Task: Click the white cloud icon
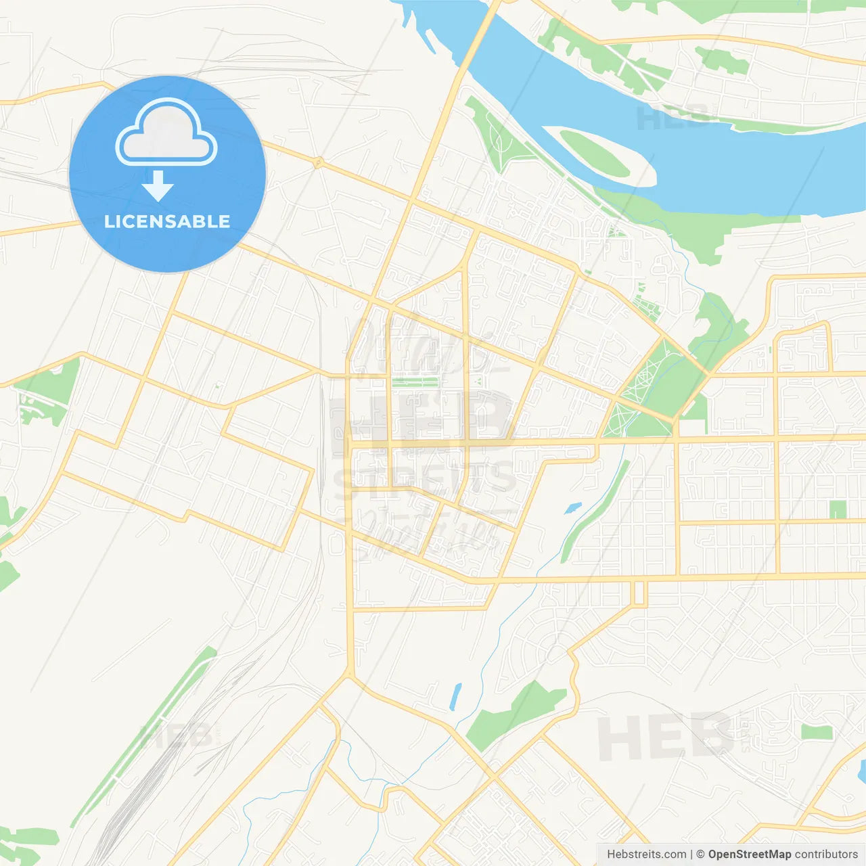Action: pyautogui.click(x=166, y=134)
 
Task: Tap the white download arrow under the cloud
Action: pyautogui.click(x=158, y=186)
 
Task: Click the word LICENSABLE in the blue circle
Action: pyautogui.click(x=167, y=221)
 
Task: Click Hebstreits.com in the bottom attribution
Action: pyautogui.click(x=646, y=854)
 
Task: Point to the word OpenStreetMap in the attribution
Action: pyautogui.click(x=749, y=854)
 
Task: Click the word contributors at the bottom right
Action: pyautogui.click(x=826, y=854)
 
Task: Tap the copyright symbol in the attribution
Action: pyautogui.click(x=700, y=854)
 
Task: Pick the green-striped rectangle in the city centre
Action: pyautogui.click(x=415, y=382)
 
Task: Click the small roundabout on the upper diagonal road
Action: pyautogui.click(x=317, y=162)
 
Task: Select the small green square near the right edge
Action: pyautogui.click(x=838, y=509)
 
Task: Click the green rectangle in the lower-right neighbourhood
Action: pyautogui.click(x=817, y=732)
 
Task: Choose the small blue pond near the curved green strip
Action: pyautogui.click(x=572, y=507)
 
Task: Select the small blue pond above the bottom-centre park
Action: pyautogui.click(x=455, y=697)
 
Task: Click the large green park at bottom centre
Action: pyautogui.click(x=514, y=714)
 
